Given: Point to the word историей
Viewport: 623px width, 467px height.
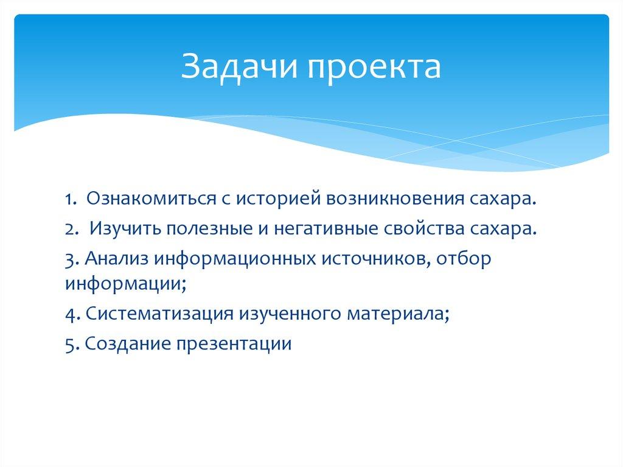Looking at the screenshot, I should [x=279, y=200].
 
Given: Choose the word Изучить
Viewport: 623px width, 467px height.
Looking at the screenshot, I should [x=124, y=228].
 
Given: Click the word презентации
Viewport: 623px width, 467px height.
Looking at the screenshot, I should [x=234, y=344].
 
